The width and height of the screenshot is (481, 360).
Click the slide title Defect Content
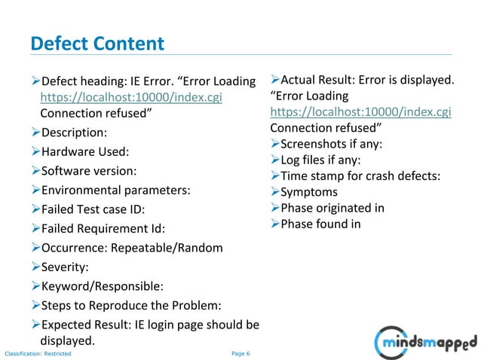point(97,44)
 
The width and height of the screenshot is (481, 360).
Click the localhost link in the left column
point(131,97)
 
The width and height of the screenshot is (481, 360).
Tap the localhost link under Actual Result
point(360,111)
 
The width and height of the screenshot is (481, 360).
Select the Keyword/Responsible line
point(102,286)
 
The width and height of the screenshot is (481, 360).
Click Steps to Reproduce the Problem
point(131,305)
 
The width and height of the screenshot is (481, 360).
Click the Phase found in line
point(320,224)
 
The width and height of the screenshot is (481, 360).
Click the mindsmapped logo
point(427,342)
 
